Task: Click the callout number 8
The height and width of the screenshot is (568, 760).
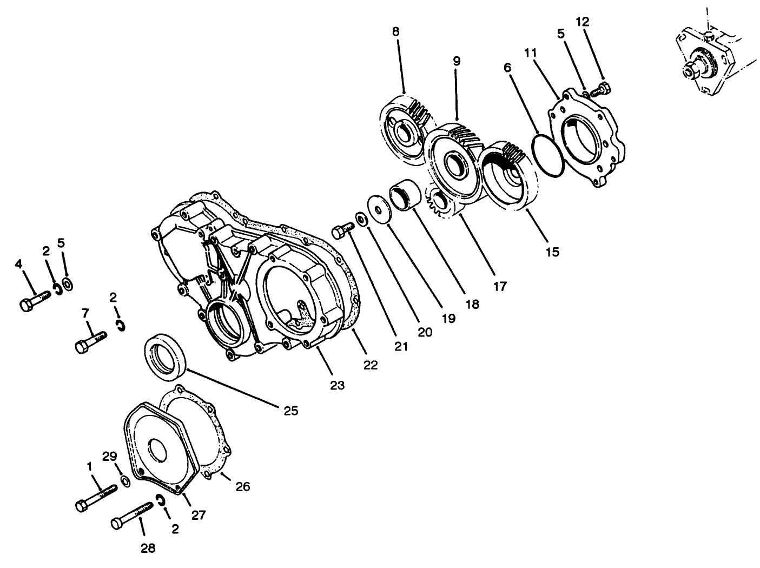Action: click(396, 31)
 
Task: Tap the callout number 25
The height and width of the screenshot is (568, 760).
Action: click(290, 411)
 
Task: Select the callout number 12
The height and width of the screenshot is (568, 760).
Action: click(583, 22)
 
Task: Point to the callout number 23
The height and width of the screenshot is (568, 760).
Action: click(337, 385)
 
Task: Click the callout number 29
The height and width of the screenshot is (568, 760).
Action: click(110, 457)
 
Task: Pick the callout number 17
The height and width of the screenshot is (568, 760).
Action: click(500, 286)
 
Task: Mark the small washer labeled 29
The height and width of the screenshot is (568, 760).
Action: click(125, 481)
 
